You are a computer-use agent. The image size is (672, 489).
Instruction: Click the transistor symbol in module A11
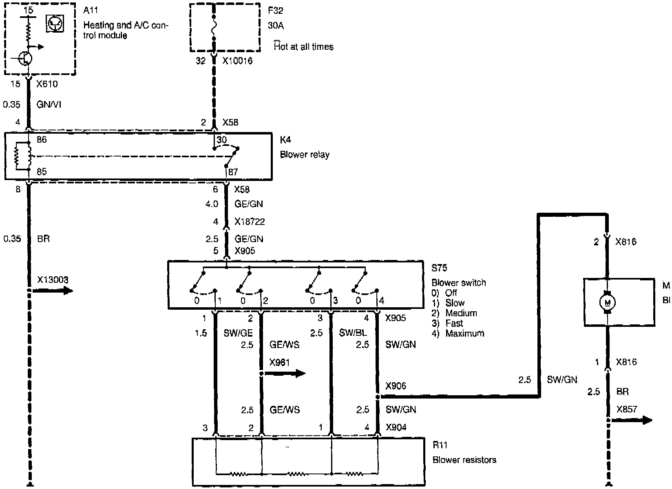(25, 58)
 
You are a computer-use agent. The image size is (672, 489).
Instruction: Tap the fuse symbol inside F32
(214, 28)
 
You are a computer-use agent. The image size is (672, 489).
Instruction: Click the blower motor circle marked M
(608, 302)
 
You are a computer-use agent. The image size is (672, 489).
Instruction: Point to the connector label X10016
(237, 61)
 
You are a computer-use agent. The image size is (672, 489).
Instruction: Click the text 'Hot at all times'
(303, 46)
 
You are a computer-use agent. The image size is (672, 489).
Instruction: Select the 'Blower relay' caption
(305, 155)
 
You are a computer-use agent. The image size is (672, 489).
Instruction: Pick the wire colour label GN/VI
(49, 105)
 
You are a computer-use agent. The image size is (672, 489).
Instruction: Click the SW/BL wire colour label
(353, 333)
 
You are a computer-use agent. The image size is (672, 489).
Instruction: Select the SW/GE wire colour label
(238, 333)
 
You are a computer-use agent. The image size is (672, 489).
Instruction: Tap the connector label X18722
(250, 222)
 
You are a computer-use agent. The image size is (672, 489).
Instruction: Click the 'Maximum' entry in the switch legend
(464, 333)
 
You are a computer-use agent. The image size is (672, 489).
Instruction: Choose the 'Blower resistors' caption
(464, 460)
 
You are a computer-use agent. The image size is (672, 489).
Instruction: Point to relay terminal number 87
(233, 172)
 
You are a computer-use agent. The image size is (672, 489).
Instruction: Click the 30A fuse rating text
(276, 25)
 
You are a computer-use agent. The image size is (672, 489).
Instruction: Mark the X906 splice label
(396, 385)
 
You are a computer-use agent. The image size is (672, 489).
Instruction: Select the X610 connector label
(47, 84)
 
